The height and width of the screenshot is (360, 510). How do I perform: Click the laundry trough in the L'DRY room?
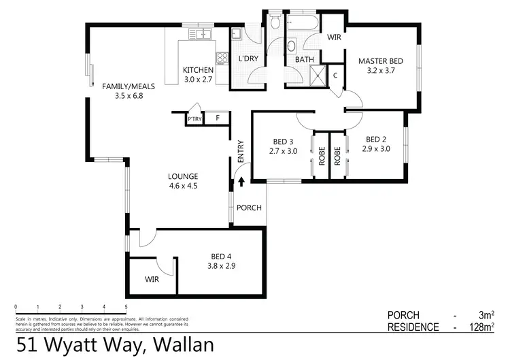(x=237, y=34)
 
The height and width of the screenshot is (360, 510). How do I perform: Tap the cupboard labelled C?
(x=335, y=75)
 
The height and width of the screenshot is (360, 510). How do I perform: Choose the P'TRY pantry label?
(x=194, y=119)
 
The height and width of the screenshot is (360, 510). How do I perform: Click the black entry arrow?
(x=240, y=183)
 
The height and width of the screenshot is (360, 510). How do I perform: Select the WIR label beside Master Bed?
(x=335, y=38)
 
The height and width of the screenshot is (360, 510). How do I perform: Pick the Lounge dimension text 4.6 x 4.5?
(x=183, y=186)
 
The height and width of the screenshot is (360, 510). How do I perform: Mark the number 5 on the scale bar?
(x=126, y=308)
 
